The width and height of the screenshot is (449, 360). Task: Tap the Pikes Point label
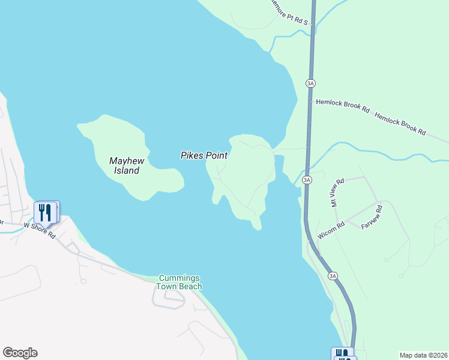point(204,155)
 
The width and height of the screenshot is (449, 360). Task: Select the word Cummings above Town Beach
point(179,278)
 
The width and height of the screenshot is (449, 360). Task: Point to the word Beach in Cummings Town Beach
point(190,287)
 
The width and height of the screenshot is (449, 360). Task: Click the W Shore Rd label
point(40,230)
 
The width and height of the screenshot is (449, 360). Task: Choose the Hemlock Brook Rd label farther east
point(400,122)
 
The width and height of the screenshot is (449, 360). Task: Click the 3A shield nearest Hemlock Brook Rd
point(310,83)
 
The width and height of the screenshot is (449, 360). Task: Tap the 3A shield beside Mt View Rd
point(307,179)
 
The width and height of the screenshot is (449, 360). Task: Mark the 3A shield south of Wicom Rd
point(333,275)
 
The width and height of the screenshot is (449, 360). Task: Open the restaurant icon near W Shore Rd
point(45,212)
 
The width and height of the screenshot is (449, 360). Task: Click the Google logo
point(20,353)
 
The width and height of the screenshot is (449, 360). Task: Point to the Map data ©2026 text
point(423,355)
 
